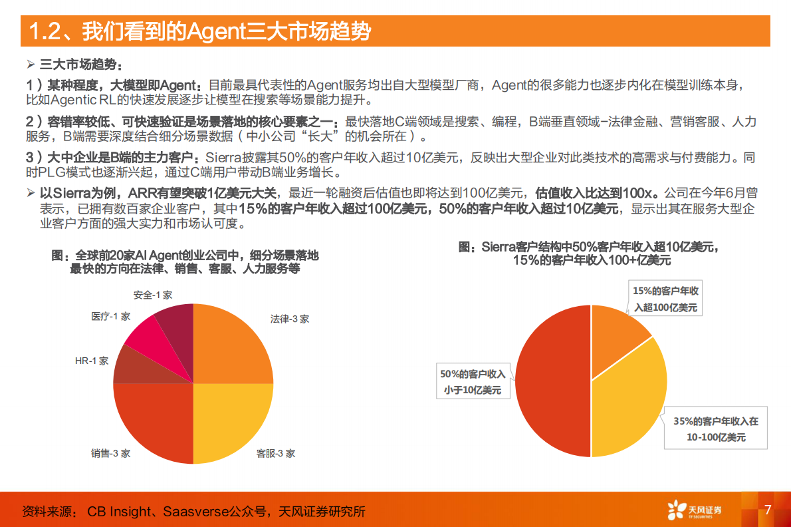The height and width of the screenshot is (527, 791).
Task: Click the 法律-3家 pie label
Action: coord(289,319)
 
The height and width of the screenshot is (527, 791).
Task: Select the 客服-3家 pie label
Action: coord(276,454)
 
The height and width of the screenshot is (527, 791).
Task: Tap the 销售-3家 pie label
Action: coord(110,454)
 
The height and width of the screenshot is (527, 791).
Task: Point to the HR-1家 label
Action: coord(92,361)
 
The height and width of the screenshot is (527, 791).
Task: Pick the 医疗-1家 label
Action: coord(110,317)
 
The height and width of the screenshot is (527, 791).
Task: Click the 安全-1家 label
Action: coord(153,294)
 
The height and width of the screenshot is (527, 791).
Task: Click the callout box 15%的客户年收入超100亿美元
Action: coord(665,299)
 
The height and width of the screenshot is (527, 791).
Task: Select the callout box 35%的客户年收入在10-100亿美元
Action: coord(715,429)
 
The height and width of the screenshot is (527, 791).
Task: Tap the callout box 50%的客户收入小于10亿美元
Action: coord(473,383)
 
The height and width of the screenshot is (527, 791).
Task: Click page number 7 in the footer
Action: coord(768,510)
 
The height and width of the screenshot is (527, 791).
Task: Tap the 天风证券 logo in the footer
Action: coord(694,510)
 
